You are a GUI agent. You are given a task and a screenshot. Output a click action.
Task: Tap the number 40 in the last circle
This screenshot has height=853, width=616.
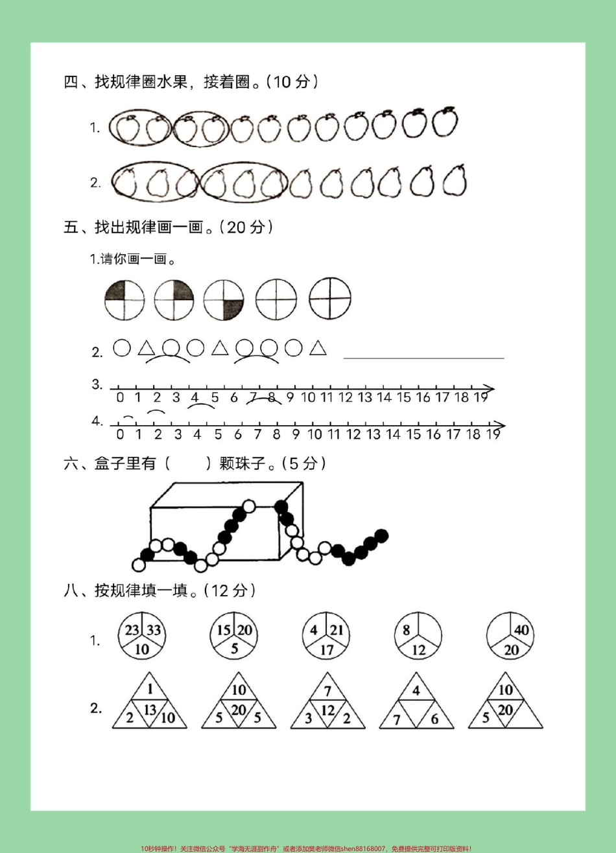[x=521, y=630]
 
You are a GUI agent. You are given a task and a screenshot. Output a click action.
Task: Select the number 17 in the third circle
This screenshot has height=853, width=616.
[x=327, y=649]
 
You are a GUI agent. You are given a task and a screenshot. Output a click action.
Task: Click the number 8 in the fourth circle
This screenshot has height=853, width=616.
[x=407, y=630]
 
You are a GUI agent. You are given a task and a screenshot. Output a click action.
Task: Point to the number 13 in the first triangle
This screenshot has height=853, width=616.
[x=150, y=710]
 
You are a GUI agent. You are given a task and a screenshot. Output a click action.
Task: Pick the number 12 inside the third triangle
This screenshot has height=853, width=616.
[x=328, y=710]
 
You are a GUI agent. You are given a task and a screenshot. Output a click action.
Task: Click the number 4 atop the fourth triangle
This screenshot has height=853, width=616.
[x=416, y=690]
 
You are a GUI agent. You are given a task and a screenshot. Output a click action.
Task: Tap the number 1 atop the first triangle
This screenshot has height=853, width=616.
[x=150, y=690]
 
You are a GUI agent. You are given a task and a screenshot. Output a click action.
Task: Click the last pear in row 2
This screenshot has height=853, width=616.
[x=455, y=180]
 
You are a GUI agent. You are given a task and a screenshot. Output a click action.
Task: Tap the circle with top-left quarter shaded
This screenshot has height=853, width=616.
[x=124, y=299]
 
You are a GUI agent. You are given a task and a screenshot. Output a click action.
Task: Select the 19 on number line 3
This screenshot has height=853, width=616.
[x=480, y=397]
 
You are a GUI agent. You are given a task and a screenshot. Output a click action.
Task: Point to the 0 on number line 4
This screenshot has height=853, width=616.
[x=120, y=434]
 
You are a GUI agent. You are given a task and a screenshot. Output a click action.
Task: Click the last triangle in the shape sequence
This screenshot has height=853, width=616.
[x=318, y=349]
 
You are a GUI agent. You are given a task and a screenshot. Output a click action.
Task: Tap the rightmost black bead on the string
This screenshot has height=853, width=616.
[x=382, y=535]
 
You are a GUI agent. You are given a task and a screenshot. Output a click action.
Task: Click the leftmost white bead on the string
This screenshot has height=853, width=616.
[x=138, y=565]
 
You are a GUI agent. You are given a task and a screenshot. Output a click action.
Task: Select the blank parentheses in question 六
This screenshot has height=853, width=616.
[x=188, y=463]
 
